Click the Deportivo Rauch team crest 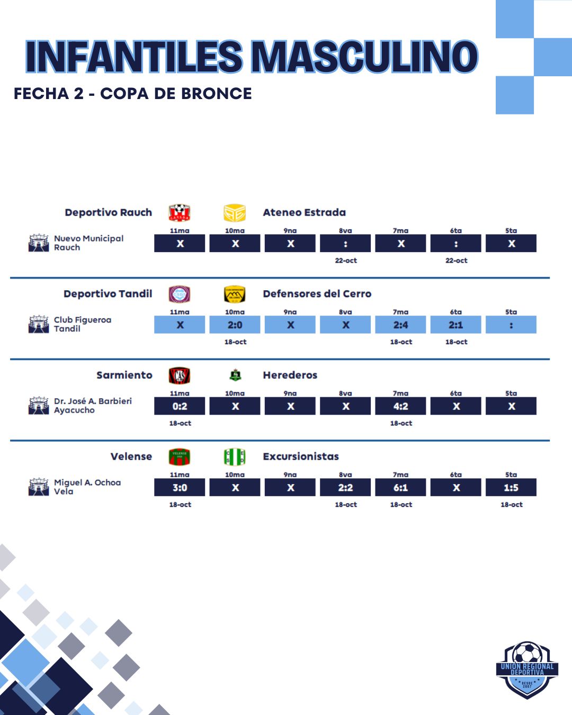180,213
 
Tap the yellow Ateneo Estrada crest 235,213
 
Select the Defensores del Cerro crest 235,294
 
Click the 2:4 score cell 400,325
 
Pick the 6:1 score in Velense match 400,488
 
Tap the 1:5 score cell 511,488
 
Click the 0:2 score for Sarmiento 180,407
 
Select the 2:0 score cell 235,325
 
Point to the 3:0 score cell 180,488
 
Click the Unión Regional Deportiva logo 527,670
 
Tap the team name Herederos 290,376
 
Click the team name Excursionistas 301,457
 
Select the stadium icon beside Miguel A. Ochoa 39,487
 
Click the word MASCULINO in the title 364,57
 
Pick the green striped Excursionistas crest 235,457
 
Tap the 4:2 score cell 400,407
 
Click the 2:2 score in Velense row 345,488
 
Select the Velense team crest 180,457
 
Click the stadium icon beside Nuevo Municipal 39,243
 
